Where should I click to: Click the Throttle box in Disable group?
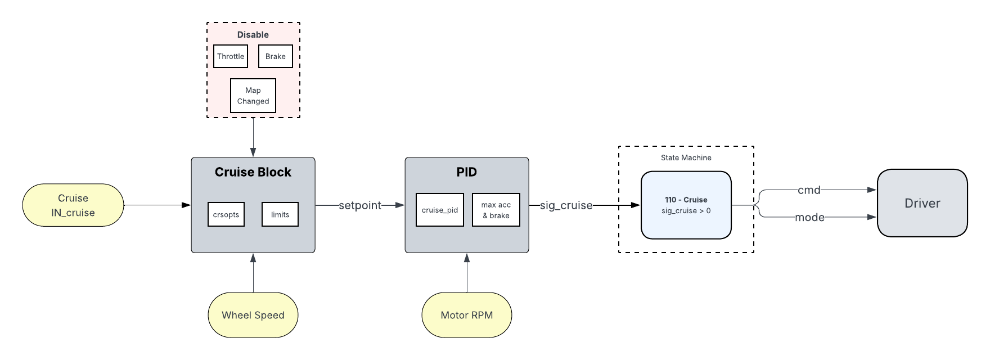[x=231, y=56]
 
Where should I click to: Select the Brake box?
[x=276, y=56]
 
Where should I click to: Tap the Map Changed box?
[x=253, y=96]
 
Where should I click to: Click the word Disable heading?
[x=253, y=35]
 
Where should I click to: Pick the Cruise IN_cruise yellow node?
[x=73, y=205]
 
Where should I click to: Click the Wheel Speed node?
[x=253, y=315]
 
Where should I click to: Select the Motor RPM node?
[x=467, y=315]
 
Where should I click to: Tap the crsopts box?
[x=226, y=214]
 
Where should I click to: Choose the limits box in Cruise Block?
[x=280, y=214]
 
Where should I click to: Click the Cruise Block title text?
[x=253, y=172]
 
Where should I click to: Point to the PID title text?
[x=467, y=172]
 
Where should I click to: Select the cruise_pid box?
[x=440, y=210]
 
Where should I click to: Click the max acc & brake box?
[x=496, y=210]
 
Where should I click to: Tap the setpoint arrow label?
[x=360, y=205]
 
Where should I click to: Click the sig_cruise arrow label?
[x=566, y=205]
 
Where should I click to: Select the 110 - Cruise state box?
[x=686, y=205]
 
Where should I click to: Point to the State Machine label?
[x=686, y=158]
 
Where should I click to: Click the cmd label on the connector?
[x=809, y=190]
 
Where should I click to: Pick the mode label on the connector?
[x=809, y=217]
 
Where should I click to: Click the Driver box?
[x=922, y=203]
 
